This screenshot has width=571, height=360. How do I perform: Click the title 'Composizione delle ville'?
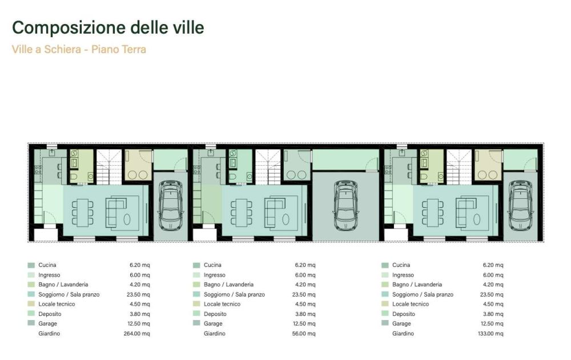pyautogui.click(x=108, y=27)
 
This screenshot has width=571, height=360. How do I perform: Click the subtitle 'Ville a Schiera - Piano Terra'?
pyautogui.click(x=79, y=49)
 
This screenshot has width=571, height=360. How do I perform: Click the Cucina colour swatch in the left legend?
pyautogui.click(x=31, y=265)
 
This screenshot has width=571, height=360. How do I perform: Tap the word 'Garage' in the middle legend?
pyautogui.click(x=213, y=323)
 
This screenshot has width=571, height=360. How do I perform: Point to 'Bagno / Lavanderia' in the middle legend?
pyautogui.click(x=228, y=285)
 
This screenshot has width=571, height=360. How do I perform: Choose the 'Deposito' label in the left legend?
pyautogui.click(x=50, y=314)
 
